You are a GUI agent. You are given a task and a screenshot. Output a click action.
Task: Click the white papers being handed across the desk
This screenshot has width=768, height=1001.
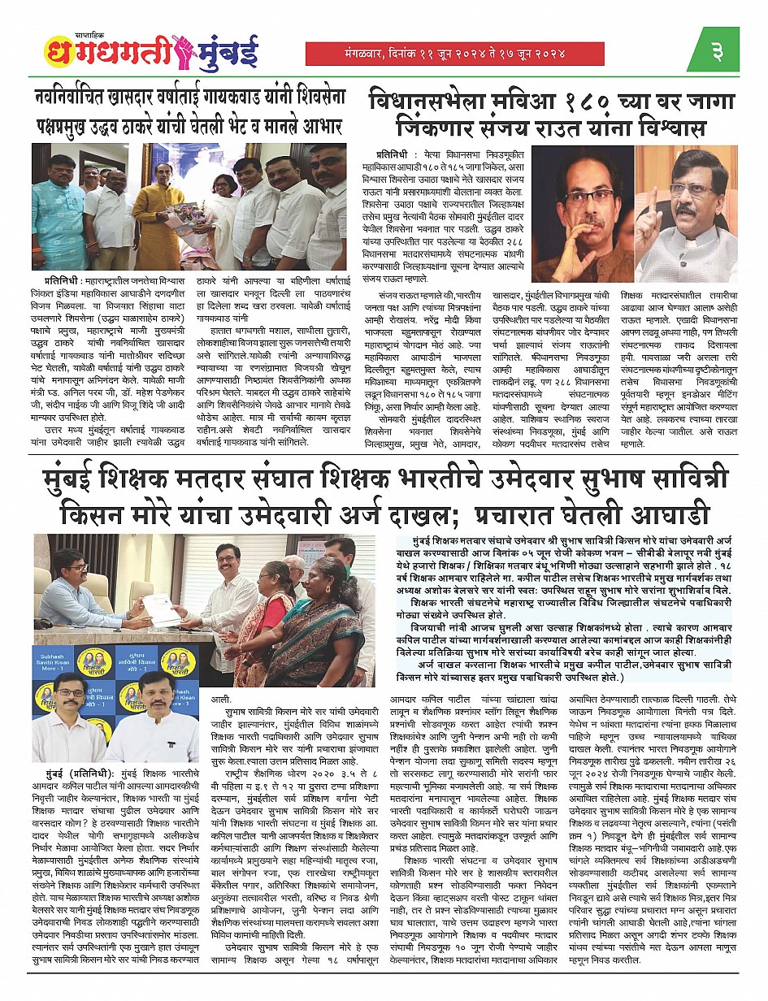160,605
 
